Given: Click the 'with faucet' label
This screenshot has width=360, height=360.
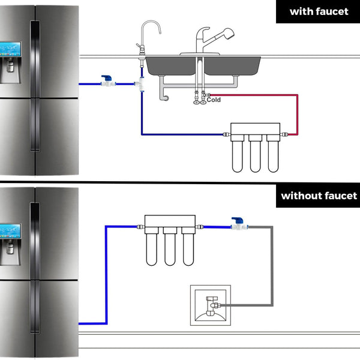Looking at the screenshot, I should click(318, 11).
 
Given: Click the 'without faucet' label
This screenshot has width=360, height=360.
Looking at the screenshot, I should click(318, 196).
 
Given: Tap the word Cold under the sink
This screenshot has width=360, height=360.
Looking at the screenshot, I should click(214, 100).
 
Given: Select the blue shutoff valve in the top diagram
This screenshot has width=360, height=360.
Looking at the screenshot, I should click(108, 82).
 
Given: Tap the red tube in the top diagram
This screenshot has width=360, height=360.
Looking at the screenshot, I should click(297, 111).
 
